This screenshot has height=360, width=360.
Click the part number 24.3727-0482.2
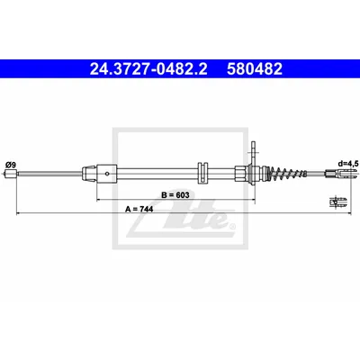coord(148,68)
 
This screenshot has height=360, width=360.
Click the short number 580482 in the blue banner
coord(255,68)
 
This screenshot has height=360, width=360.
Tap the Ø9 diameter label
coord(11,165)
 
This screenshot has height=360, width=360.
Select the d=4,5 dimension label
coord(346,164)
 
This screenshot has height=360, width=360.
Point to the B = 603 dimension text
coord(175,195)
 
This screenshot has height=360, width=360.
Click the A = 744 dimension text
coord(139,209)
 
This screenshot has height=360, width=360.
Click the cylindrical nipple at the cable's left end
coord(11,174)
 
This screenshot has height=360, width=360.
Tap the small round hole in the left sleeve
coord(106,173)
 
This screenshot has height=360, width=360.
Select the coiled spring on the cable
coord(287,173)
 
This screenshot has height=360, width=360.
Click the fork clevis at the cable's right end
coord(341,173)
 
